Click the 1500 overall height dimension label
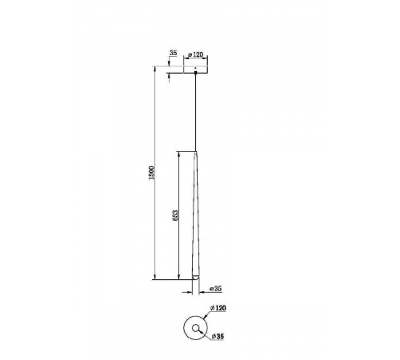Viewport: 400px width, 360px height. tap(151, 173)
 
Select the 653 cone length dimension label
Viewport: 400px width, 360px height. tap(175, 215)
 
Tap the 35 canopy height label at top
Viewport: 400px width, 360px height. tap(173, 53)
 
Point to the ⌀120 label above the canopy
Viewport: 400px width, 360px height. tap(195, 54)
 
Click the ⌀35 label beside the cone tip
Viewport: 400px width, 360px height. tap(216, 289)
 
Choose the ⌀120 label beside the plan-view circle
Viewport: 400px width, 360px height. tap(218, 308)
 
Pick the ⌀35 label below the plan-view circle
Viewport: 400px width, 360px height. tap(218, 337)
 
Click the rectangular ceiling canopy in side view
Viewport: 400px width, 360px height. tap(195, 70)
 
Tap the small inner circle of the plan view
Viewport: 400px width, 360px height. tap(196, 328)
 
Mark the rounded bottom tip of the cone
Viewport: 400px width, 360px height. tap(195, 278)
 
